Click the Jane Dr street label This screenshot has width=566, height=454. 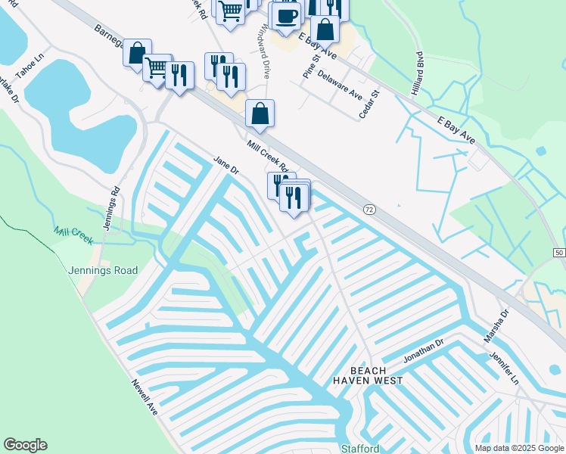pos(226,164)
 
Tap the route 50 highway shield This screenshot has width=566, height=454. pos(558,252)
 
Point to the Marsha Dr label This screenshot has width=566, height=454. pos(494,324)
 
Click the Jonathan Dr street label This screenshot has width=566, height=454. pos(422,348)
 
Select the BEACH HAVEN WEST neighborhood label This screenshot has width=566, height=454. pos(368,374)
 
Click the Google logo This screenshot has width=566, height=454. pos(25,445)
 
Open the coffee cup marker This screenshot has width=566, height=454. pos(287,16)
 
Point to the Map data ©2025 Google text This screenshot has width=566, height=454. pos(519,448)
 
